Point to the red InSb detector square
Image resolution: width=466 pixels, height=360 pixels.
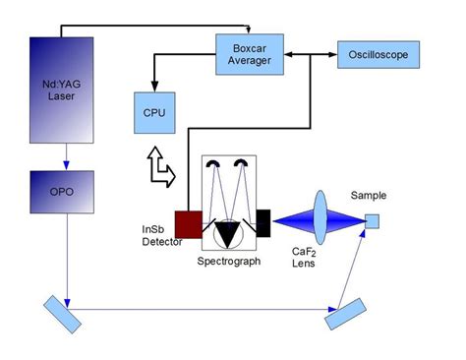coord(188,223)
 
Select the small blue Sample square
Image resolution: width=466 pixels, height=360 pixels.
coord(372,220)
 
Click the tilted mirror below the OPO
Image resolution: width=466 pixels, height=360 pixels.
coord(63,314)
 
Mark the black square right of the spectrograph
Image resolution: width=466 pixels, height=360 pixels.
coord(263,223)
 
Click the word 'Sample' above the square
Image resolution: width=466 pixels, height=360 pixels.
coord(371,196)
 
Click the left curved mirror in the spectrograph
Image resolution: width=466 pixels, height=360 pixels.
coord(215,164)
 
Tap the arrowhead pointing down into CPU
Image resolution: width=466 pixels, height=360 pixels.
coord(151,83)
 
